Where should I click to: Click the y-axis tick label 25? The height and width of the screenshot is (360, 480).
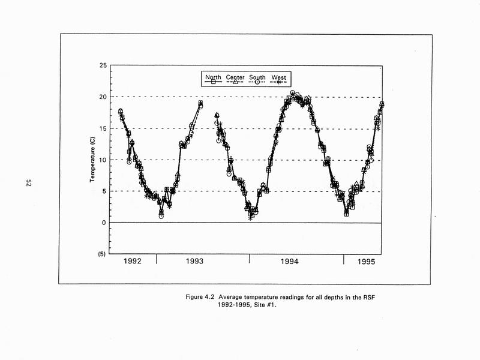click(x=103, y=65)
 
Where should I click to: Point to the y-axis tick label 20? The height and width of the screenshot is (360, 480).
click(x=103, y=97)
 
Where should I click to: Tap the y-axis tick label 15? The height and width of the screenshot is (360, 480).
click(x=103, y=128)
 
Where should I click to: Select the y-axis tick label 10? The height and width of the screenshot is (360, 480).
click(x=103, y=160)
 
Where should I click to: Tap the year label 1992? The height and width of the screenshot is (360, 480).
click(x=133, y=262)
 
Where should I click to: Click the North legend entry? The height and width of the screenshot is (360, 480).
click(x=214, y=77)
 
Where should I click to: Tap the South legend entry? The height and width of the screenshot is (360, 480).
click(x=257, y=77)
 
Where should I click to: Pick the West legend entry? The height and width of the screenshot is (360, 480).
click(x=278, y=77)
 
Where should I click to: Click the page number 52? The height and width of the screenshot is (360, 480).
click(x=28, y=183)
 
